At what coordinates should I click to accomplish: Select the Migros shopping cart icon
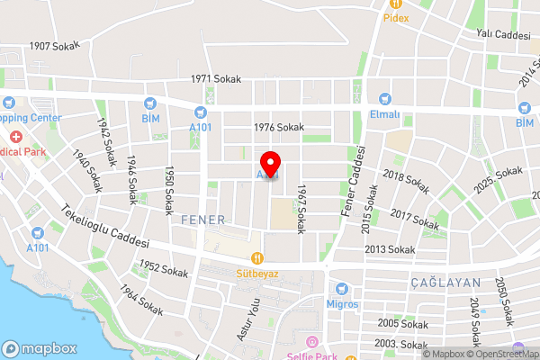click(x=340, y=289)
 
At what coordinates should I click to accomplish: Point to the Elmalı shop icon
click(x=384, y=100)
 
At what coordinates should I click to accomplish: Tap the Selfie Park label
click(x=312, y=355)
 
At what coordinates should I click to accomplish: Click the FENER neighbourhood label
click(x=202, y=220)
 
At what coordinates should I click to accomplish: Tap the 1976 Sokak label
click(x=278, y=128)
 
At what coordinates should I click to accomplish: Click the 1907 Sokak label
click(x=55, y=45)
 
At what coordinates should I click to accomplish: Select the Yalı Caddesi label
click(x=503, y=34)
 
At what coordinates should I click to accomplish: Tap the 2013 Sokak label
click(x=390, y=249)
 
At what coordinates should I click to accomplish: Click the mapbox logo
click(x=40, y=348)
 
